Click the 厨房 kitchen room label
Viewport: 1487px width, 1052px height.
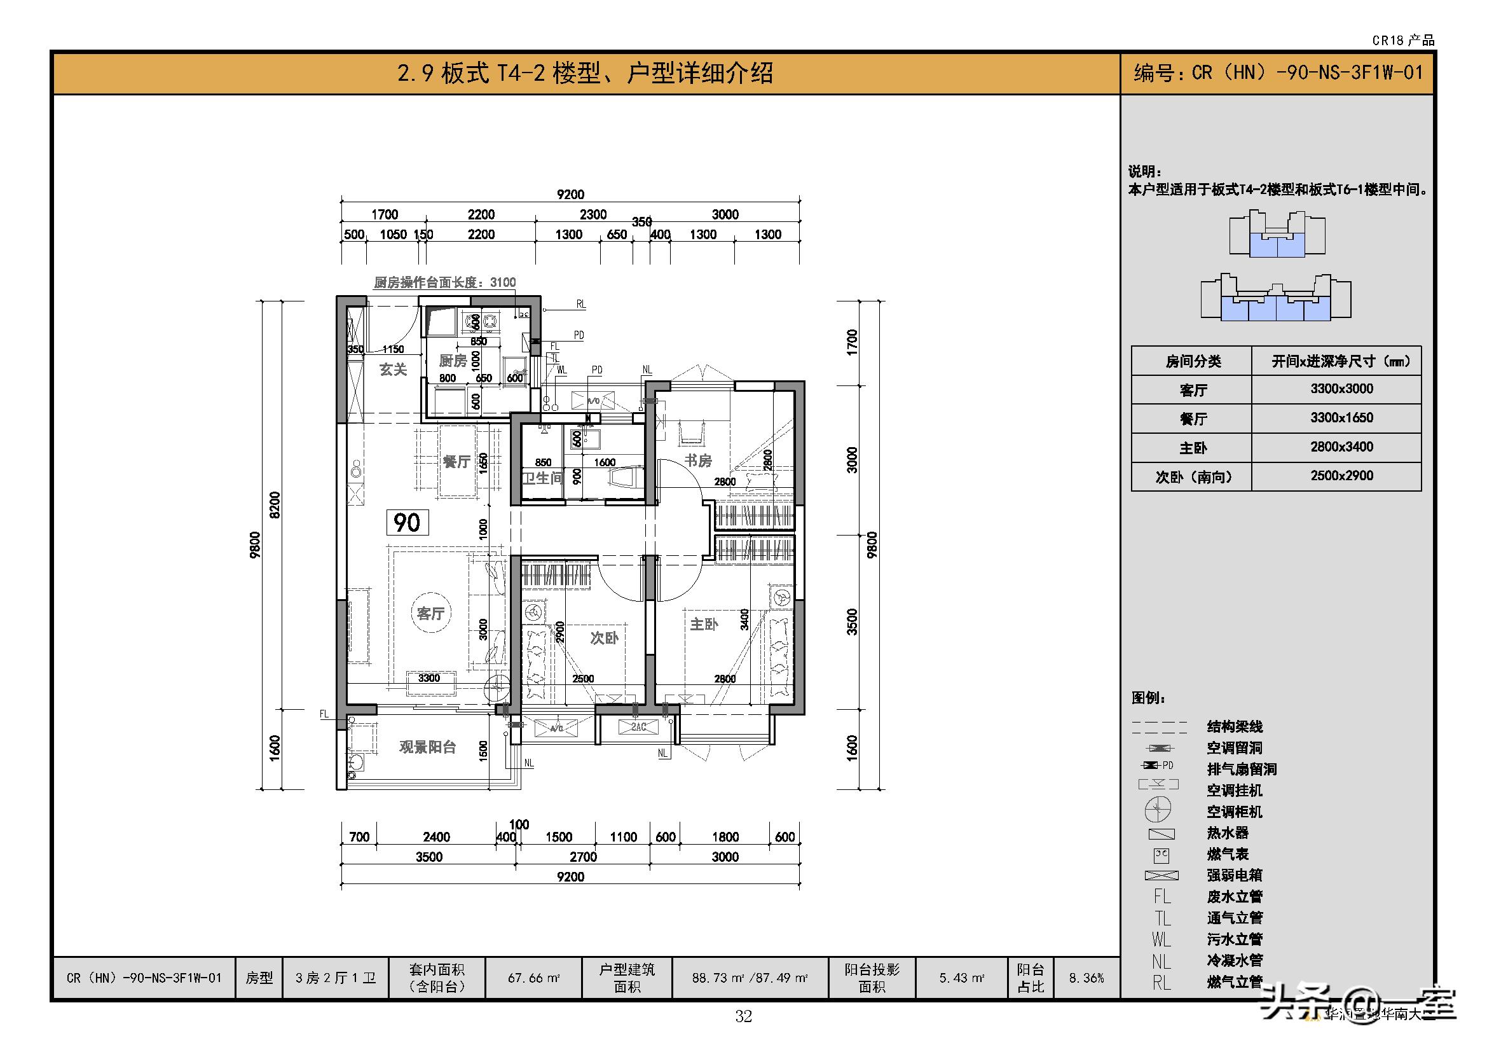click(x=453, y=361)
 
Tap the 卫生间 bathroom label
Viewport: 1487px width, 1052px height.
click(x=542, y=478)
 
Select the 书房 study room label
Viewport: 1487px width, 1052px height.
click(x=698, y=460)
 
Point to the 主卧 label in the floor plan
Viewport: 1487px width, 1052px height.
click(x=703, y=624)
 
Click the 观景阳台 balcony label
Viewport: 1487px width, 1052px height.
click(x=427, y=747)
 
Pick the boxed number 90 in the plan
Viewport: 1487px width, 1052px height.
click(x=408, y=522)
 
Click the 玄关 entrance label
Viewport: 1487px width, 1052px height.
click(x=392, y=370)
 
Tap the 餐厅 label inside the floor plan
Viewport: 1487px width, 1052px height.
click(x=456, y=462)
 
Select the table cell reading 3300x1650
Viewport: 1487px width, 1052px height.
click(x=1341, y=418)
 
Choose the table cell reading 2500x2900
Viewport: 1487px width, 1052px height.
click(x=1341, y=476)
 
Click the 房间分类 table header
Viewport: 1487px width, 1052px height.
click(x=1192, y=361)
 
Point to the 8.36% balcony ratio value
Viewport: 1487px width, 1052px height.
click(x=1086, y=978)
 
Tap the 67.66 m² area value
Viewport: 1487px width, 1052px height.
click(x=533, y=978)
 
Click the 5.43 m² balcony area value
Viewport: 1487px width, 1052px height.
click(x=962, y=978)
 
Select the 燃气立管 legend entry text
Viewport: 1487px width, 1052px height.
click(x=1235, y=982)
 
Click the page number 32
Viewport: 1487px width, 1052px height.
click(x=743, y=1016)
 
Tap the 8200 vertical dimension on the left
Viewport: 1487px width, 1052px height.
click(x=275, y=504)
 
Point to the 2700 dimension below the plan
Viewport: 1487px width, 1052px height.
click(x=583, y=857)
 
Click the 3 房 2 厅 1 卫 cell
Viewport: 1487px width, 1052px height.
click(x=335, y=978)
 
